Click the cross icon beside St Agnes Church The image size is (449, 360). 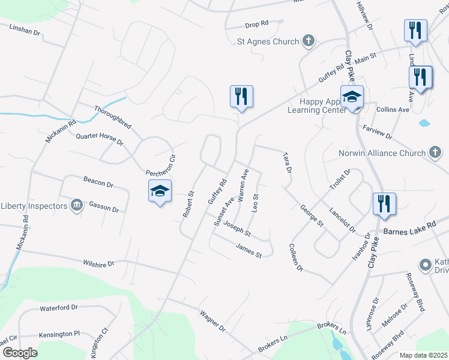[309, 41]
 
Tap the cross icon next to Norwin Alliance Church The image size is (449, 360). [435, 153]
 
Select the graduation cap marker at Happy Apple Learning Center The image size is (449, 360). [352, 97]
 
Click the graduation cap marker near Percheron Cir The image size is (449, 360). [160, 191]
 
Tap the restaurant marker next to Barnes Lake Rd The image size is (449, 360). [384, 203]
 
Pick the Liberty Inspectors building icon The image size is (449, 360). [76, 206]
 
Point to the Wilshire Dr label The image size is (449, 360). [99, 263]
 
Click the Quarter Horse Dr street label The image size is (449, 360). [99, 140]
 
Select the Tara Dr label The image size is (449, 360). [288, 163]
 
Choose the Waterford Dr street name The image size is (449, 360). [59, 308]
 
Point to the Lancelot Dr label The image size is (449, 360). [343, 220]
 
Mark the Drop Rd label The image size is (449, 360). [256, 24]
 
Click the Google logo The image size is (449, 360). [19, 353]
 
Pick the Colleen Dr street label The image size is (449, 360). [295, 257]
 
